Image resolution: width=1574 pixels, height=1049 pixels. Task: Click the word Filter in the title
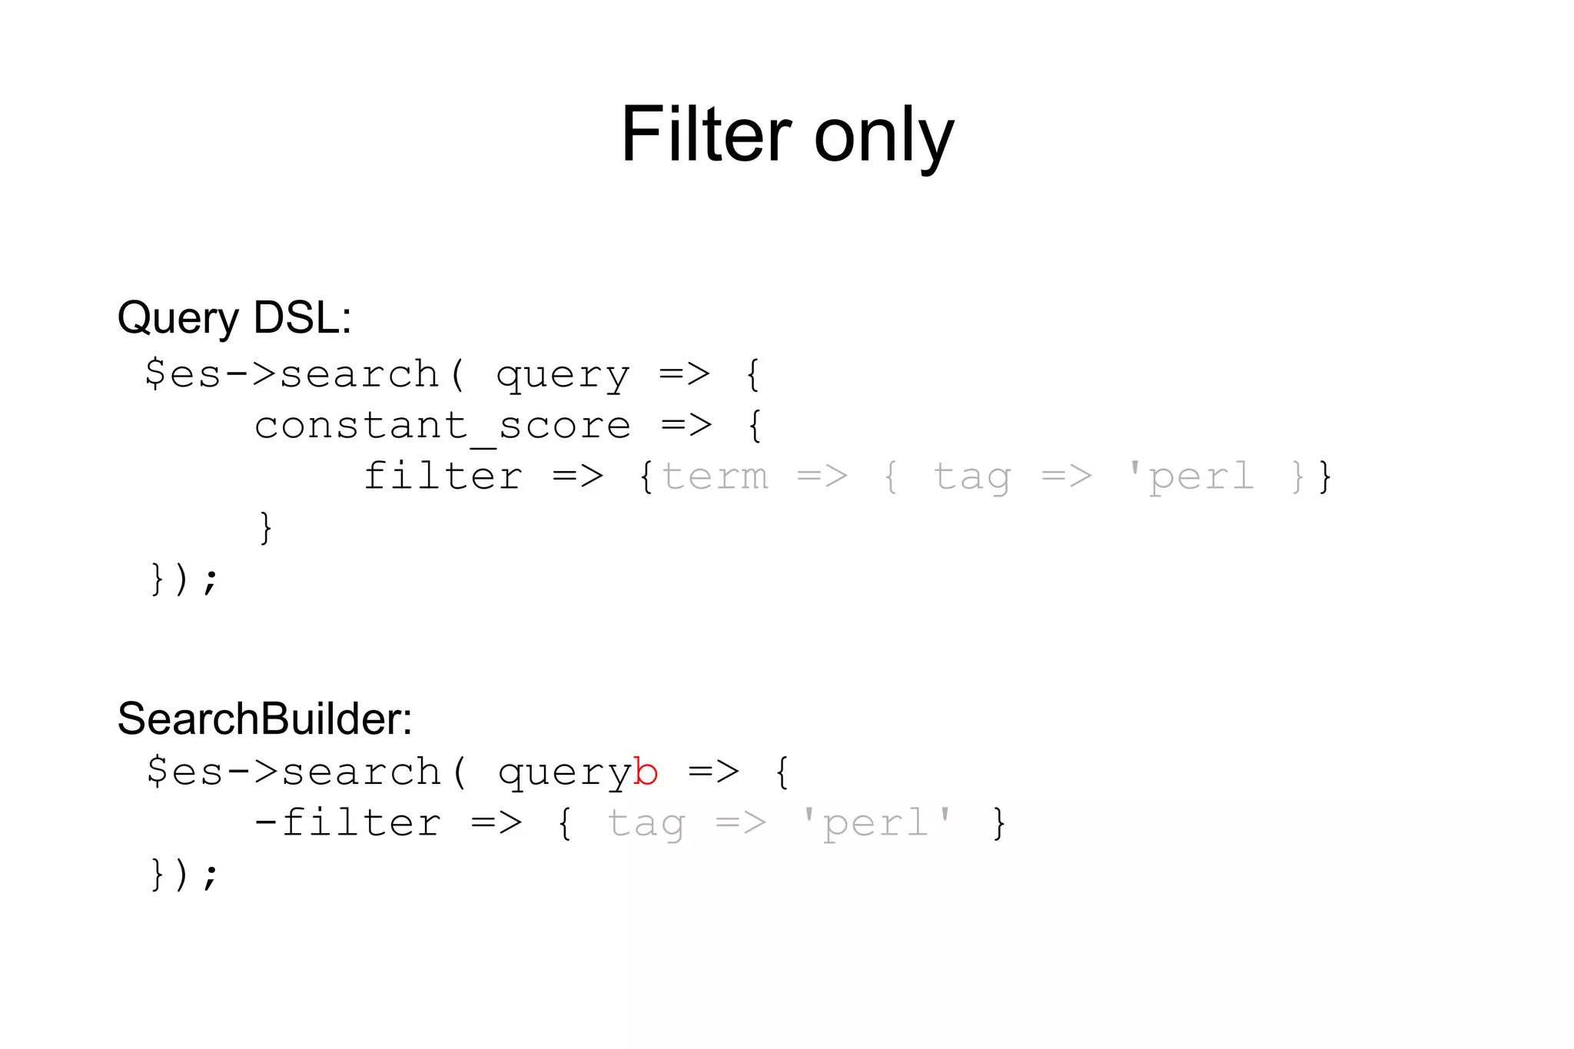[706, 135]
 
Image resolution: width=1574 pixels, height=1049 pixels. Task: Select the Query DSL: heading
[234, 317]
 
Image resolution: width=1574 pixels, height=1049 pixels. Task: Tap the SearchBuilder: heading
[264, 719]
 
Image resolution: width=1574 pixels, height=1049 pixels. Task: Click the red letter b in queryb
[646, 772]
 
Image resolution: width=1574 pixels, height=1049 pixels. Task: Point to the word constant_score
[443, 426]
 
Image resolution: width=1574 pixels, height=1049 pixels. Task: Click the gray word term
[715, 476]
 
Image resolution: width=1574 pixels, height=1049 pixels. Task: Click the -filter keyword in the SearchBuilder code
[347, 823]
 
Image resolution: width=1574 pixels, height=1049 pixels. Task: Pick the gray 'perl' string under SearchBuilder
[876, 823]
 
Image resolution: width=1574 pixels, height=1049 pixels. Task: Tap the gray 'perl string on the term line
[1190, 476]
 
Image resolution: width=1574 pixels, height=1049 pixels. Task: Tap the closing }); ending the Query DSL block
[184, 579]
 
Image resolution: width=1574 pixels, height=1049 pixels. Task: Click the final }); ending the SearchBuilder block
[184, 874]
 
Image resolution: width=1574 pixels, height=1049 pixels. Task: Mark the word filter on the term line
[443, 476]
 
